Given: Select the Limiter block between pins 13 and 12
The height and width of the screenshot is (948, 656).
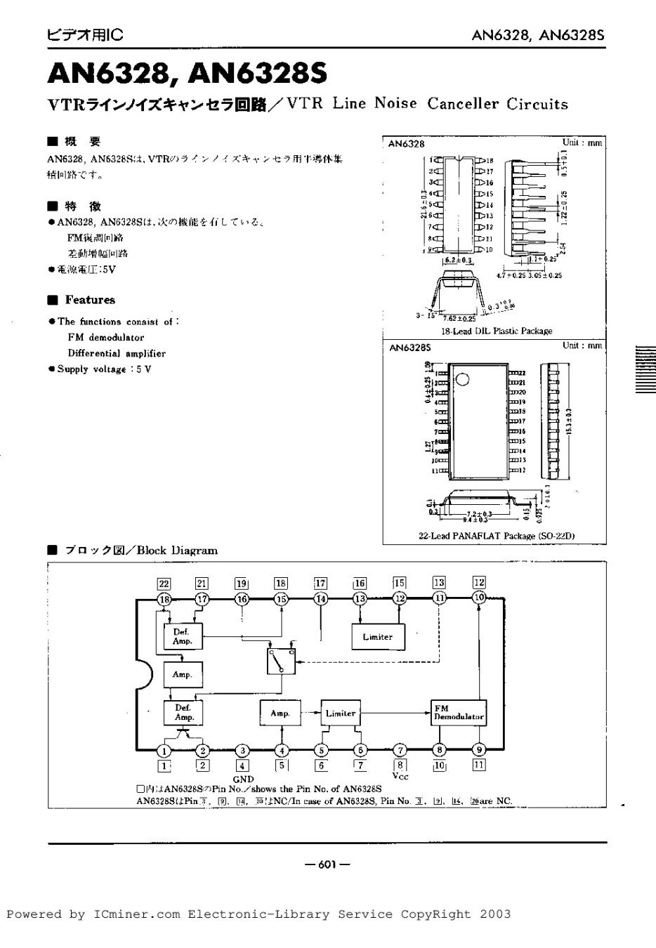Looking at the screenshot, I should [378, 637].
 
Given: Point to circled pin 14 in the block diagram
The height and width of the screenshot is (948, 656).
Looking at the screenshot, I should [321, 599].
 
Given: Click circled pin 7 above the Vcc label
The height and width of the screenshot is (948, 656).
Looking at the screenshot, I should [400, 750].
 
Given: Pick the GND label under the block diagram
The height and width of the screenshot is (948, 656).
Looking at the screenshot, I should [243, 779].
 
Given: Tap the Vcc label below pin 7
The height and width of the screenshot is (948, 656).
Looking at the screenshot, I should [400, 776].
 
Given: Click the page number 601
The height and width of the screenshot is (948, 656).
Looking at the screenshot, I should [328, 864].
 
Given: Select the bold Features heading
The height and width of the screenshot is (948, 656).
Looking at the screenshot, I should [90, 300].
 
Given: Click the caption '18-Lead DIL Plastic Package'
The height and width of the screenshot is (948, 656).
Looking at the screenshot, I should [497, 331].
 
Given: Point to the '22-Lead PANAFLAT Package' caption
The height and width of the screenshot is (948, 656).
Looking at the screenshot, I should [497, 536].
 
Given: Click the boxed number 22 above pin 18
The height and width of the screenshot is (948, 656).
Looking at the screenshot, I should [164, 583].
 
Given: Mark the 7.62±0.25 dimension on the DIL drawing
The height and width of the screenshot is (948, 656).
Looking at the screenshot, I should [460, 317].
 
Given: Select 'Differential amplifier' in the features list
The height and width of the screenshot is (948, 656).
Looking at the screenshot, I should [117, 353].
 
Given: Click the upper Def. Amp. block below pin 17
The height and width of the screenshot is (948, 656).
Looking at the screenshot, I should [183, 637].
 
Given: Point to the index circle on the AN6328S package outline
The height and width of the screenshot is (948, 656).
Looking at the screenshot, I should [462, 379].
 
